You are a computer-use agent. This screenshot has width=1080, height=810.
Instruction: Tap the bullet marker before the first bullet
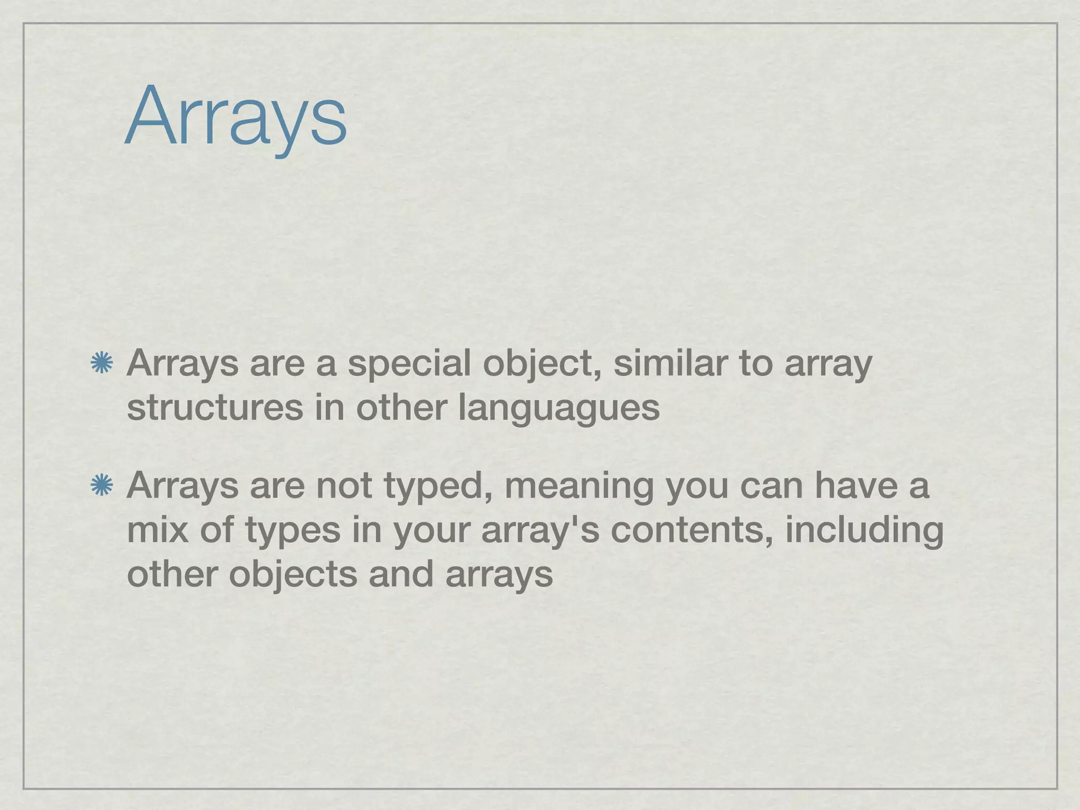pyautogui.click(x=101, y=364)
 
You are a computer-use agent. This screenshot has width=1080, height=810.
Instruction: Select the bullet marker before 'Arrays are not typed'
pyautogui.click(x=101, y=486)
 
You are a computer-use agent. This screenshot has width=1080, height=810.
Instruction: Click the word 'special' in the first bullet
pyautogui.click(x=409, y=364)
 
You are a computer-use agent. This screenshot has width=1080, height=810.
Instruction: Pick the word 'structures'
pyautogui.click(x=215, y=408)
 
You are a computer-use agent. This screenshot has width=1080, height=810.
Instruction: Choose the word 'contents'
pyautogui.click(x=691, y=529)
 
